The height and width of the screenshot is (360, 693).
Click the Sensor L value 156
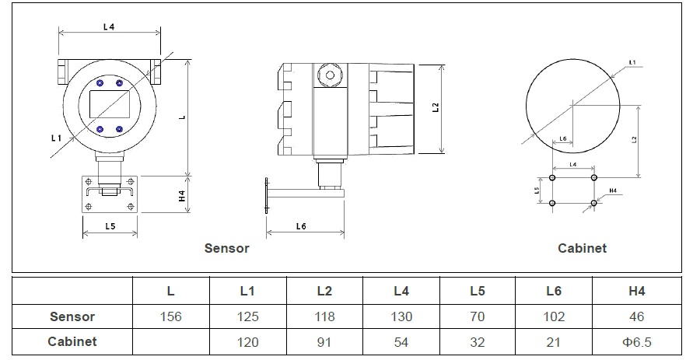[170, 316]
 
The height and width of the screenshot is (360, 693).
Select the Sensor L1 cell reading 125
[247, 316]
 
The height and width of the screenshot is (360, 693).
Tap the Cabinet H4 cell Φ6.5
[637, 341]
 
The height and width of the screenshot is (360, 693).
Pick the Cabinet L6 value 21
[554, 341]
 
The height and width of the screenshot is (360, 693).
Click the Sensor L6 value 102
[554, 316]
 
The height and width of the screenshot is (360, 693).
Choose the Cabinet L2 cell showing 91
[324, 341]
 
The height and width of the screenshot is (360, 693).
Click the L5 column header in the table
[478, 291]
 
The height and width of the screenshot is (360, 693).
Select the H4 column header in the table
[637, 291]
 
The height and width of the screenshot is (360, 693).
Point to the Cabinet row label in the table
[72, 341]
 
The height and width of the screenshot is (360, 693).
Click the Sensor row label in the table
[72, 316]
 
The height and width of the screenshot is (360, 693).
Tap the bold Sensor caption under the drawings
[226, 249]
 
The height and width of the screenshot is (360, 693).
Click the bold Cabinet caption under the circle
[582, 249]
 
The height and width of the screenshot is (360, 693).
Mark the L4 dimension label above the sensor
[109, 26]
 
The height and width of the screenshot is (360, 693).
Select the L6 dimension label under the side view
[301, 225]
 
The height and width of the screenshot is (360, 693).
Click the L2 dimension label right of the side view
[436, 107]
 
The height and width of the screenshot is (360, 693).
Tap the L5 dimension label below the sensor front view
[110, 226]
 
